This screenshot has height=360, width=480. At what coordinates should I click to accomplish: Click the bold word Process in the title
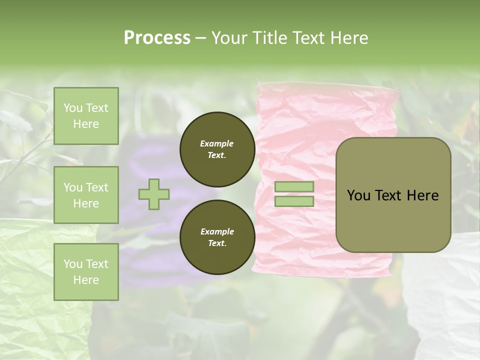tap(157, 37)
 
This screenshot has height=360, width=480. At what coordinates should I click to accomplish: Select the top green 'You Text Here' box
tap(86, 116)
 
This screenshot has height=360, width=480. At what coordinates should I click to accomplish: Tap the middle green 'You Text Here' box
tap(86, 195)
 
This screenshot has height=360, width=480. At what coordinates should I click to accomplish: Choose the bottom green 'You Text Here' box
tap(86, 272)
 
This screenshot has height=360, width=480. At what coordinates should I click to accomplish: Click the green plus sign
tap(154, 194)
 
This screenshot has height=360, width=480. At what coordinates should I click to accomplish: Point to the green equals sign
tap(294, 194)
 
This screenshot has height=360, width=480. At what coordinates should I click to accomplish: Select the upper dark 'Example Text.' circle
tap(217, 149)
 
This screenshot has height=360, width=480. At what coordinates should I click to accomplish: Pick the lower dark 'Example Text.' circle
tap(217, 237)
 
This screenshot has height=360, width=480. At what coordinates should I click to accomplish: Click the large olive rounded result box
tap(393, 195)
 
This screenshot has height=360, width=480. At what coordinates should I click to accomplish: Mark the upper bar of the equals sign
tap(294, 187)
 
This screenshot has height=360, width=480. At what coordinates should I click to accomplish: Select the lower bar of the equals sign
tap(294, 201)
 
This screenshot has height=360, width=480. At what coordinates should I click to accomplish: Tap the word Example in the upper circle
tap(217, 143)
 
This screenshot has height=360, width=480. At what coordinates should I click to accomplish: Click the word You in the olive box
tap(358, 195)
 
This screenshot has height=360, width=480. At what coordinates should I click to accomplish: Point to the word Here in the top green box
tap(86, 124)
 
